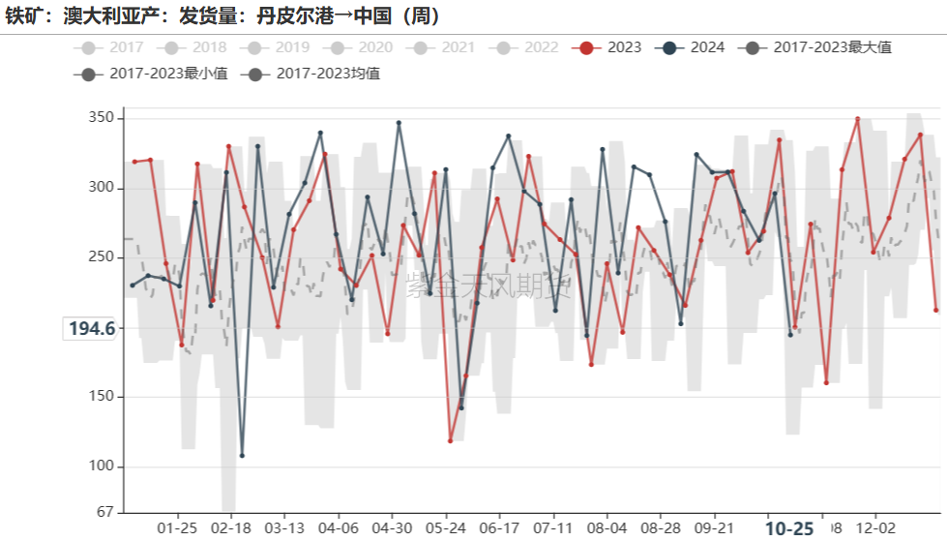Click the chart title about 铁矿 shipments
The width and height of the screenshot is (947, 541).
[222, 16]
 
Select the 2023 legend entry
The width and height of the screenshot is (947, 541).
[609, 47]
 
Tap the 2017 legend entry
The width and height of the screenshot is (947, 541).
[115, 47]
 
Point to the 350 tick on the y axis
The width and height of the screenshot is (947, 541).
[102, 118]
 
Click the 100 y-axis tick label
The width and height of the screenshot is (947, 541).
[102, 466]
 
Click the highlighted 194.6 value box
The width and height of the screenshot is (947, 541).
[92, 329]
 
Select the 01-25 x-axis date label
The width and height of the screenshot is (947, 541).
[176, 529]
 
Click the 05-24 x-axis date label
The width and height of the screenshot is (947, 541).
[446, 529]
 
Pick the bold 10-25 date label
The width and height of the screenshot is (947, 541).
[789, 529]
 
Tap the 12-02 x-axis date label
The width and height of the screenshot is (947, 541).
[875, 529]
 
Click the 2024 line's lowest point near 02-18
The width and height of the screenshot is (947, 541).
[242, 455]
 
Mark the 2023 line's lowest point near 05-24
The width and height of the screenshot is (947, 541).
[451, 440]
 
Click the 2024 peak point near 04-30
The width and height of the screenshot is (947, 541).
[399, 123]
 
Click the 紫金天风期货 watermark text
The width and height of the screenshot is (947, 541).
[488, 285]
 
